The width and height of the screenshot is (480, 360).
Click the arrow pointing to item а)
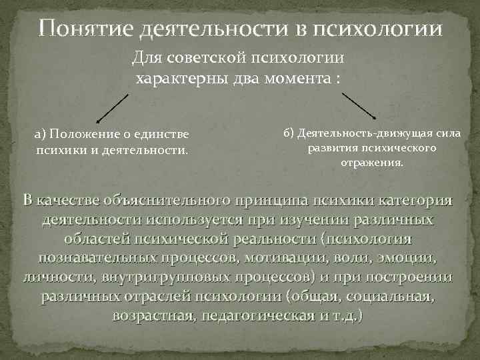click(x=112, y=108)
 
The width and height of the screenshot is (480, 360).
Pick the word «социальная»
click(x=395, y=295)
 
